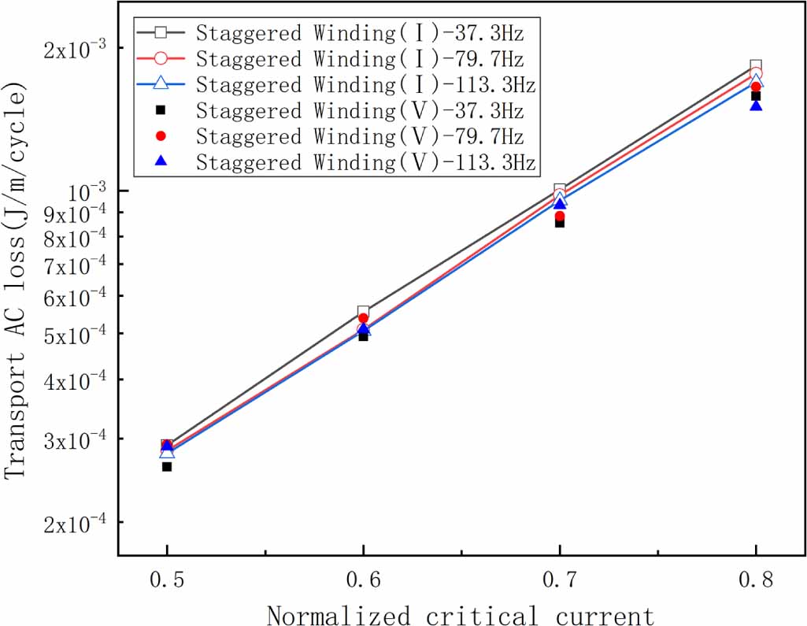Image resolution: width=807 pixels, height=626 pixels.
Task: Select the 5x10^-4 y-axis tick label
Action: pyautogui.click(x=76, y=333)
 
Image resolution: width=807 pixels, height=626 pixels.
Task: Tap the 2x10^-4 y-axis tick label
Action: pyautogui.click(x=76, y=522)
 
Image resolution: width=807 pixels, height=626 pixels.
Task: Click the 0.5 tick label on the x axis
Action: pyautogui.click(x=167, y=580)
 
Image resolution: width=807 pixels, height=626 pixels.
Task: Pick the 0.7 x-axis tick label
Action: pyautogui.click(x=559, y=580)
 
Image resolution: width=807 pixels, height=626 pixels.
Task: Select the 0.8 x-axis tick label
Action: pyautogui.click(x=756, y=580)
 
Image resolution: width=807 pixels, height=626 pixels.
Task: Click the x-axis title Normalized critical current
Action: pyautogui.click(x=461, y=613)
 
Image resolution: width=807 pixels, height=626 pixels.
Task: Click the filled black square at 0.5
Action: pyautogui.click(x=167, y=467)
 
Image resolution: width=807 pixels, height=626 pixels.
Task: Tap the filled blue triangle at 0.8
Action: pyautogui.click(x=756, y=105)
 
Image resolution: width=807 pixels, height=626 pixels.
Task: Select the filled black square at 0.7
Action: pyautogui.click(x=560, y=223)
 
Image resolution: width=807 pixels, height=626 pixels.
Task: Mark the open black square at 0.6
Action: pyautogui.click(x=363, y=312)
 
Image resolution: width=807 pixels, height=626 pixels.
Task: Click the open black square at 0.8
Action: pyautogui.click(x=756, y=65)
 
